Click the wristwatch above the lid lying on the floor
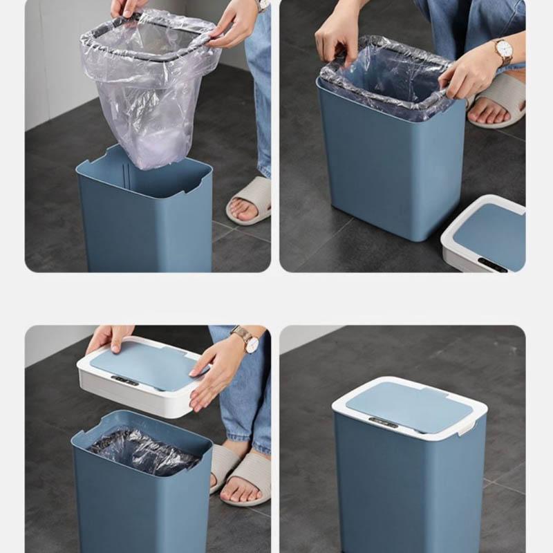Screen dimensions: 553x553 [x=502, y=50]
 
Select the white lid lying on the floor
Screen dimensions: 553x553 [x=484, y=235]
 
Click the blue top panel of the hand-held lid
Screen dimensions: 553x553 [x=145, y=366]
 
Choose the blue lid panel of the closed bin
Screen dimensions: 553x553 [x=408, y=404]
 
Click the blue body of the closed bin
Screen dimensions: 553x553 [x=408, y=491]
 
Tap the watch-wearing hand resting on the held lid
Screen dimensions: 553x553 [x=218, y=366]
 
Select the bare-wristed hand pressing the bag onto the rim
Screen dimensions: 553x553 [x=339, y=41]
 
